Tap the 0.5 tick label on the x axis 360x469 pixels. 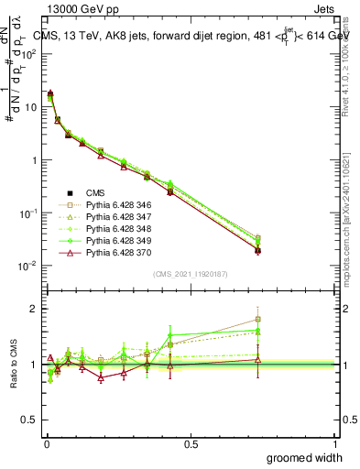tap(191, 443)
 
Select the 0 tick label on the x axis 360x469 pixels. tap(47, 443)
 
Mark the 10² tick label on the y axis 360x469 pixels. tap(29, 53)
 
